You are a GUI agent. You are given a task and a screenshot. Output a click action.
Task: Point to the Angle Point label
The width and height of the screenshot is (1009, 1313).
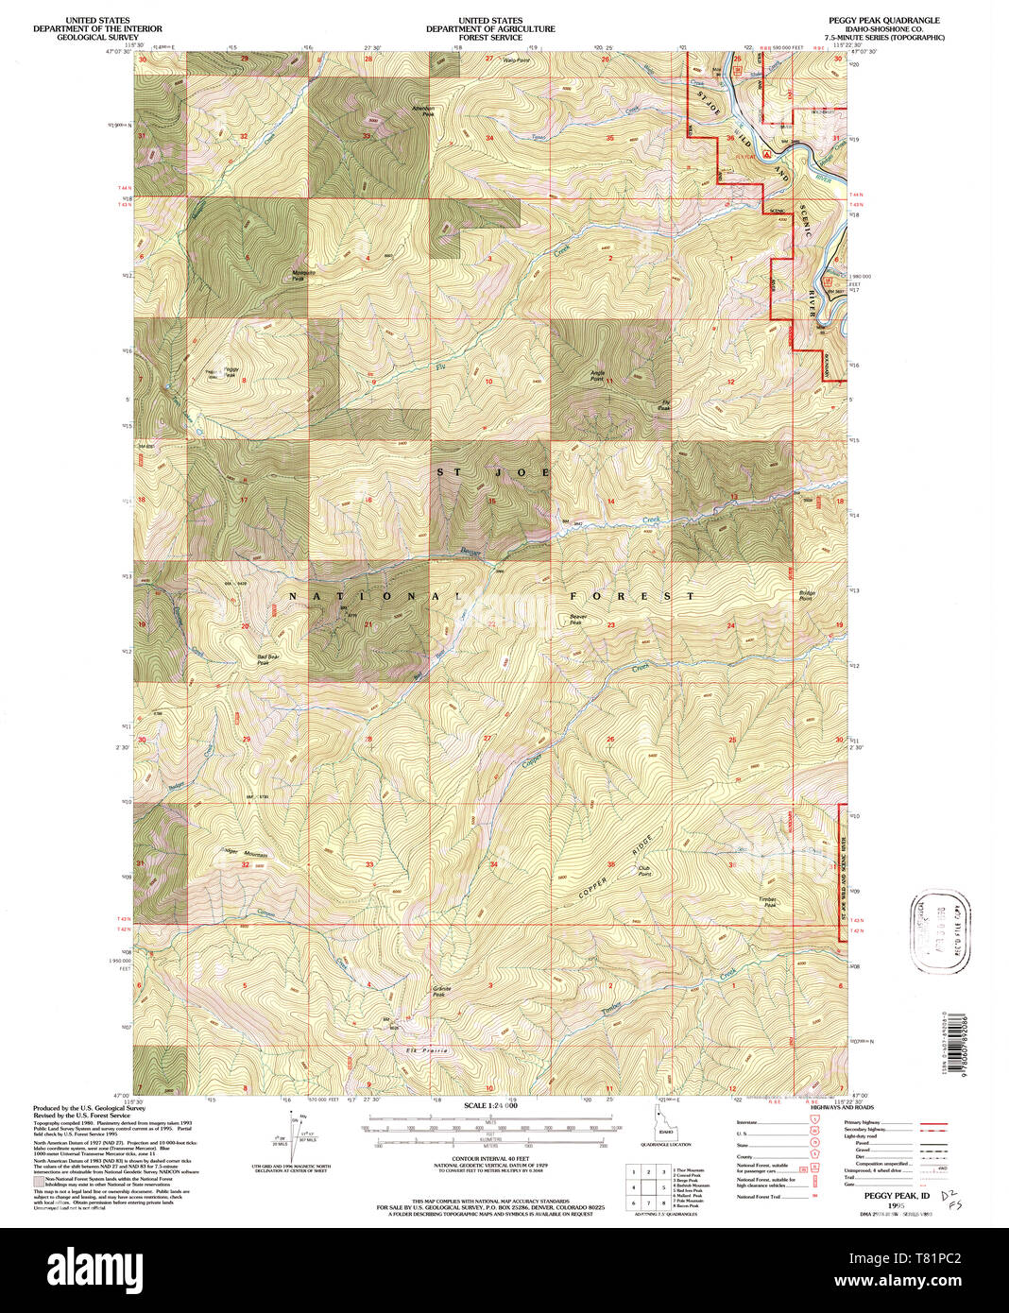[x=597, y=374]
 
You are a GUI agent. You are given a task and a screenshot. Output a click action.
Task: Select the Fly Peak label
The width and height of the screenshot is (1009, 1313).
[x=665, y=405]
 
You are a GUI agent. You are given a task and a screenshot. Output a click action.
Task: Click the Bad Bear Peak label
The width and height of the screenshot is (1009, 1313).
[x=268, y=659]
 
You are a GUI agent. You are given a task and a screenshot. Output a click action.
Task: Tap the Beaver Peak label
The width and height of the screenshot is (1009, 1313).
[x=577, y=620]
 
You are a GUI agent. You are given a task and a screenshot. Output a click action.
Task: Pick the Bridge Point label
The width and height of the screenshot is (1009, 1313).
[x=806, y=595]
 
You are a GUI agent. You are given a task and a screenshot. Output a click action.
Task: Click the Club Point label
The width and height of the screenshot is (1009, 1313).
[x=644, y=871]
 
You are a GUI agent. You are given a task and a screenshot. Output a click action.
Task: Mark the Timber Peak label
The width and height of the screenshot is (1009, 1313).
[x=769, y=902]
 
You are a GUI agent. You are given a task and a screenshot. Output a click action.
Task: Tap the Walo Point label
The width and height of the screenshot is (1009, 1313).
[x=517, y=60]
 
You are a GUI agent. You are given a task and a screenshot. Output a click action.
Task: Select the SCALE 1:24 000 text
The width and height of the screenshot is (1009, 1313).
[x=489, y=1105]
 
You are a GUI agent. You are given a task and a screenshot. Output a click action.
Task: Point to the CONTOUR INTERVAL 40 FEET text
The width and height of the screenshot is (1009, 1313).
[x=489, y=1158]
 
